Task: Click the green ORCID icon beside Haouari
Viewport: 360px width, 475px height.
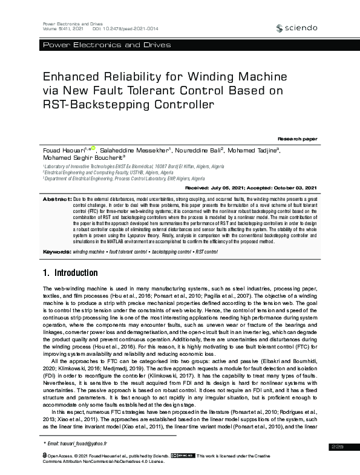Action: (x=94, y=148)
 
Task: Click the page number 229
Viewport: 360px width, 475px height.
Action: (x=337, y=447)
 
